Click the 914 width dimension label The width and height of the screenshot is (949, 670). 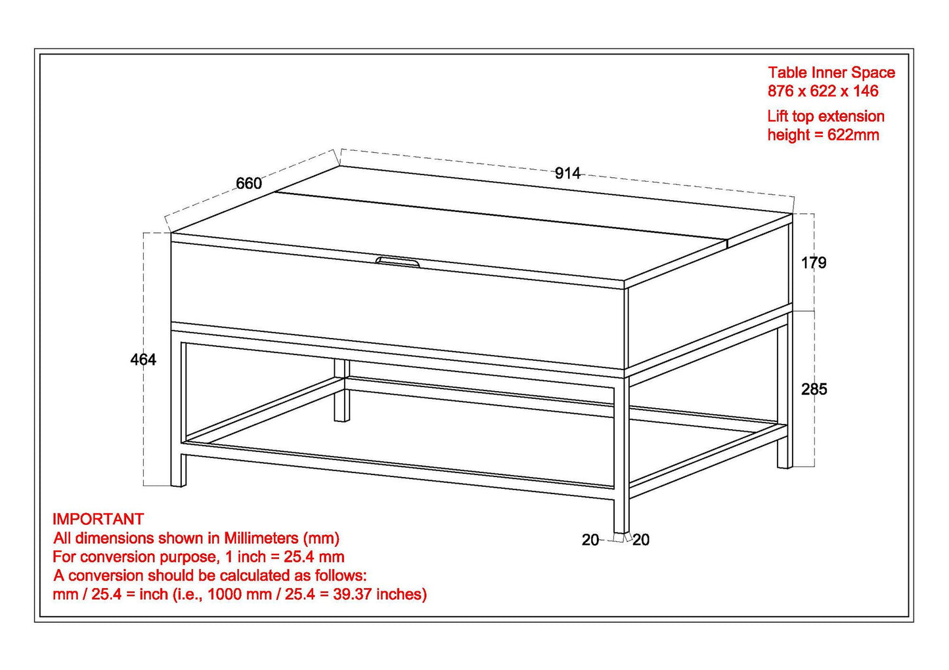tap(567, 173)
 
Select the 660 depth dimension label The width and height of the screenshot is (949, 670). tap(249, 184)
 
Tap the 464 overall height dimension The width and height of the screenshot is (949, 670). tap(143, 360)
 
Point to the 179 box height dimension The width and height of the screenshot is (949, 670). tap(814, 263)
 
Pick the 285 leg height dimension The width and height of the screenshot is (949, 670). tap(814, 389)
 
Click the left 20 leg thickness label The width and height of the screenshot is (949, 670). tap(590, 540)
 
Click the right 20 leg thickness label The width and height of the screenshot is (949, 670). tap(641, 540)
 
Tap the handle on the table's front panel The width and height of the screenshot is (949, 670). tap(399, 262)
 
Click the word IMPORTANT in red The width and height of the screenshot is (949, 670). tap(98, 519)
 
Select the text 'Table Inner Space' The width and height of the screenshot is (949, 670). tap(831, 73)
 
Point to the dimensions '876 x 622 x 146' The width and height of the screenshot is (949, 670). tap(823, 91)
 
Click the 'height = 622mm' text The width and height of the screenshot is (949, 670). tap(823, 135)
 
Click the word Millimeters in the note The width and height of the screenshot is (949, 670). tap(261, 539)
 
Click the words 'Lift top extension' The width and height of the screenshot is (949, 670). tap(826, 117)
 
